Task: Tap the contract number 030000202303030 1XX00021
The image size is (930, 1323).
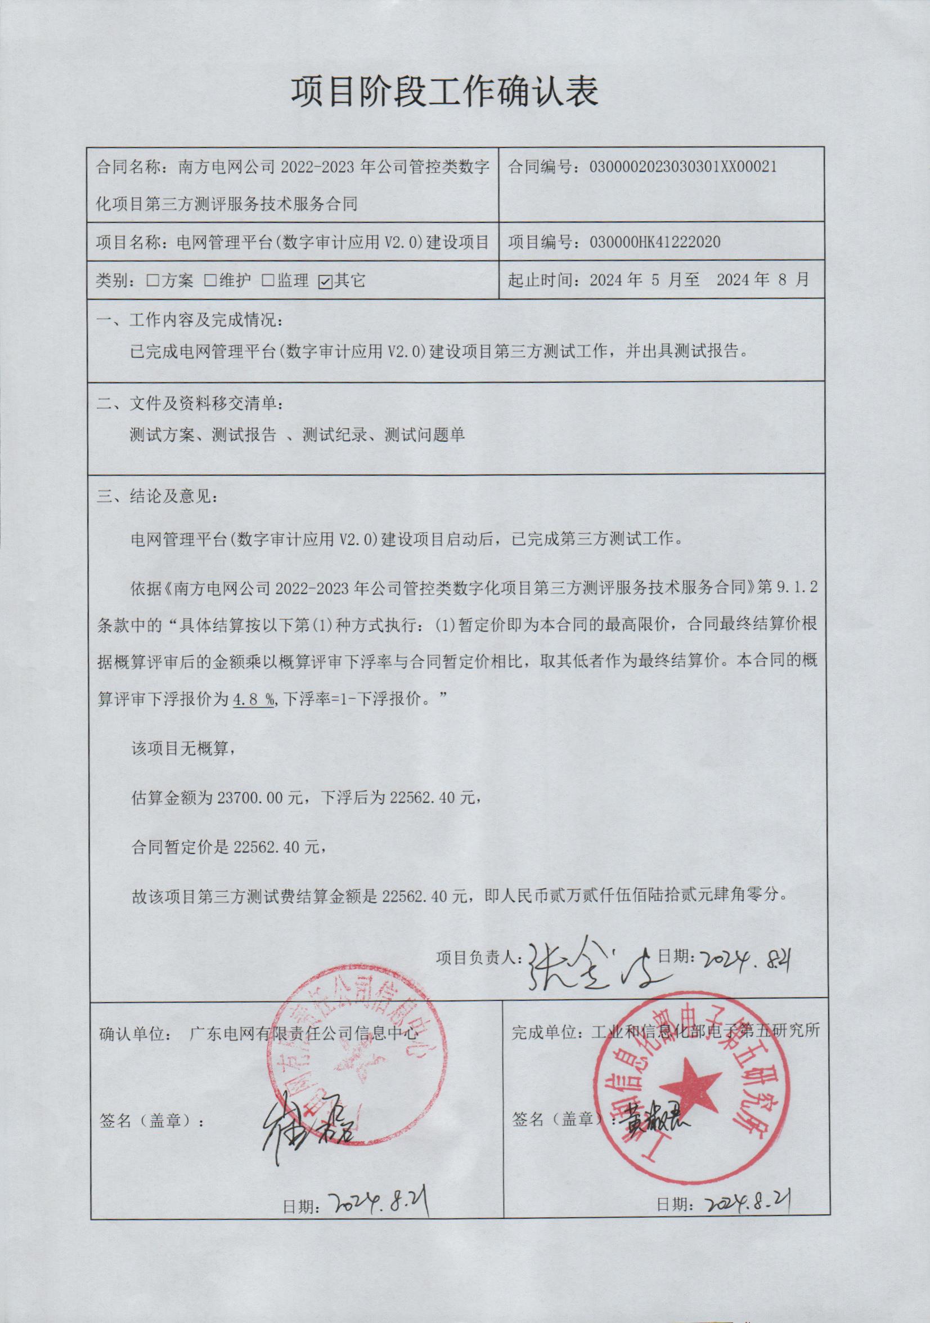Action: click(x=683, y=167)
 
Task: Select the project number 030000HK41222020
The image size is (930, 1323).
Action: click(x=655, y=242)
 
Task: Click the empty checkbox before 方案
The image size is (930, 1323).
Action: click(x=153, y=281)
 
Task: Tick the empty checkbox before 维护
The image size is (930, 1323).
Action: click(x=211, y=281)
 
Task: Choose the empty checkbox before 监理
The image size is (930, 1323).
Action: click(x=268, y=281)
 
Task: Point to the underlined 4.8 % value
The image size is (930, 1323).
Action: click(x=254, y=700)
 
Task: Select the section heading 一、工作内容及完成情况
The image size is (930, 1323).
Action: click(x=190, y=320)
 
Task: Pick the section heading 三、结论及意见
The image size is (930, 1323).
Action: click(x=157, y=496)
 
